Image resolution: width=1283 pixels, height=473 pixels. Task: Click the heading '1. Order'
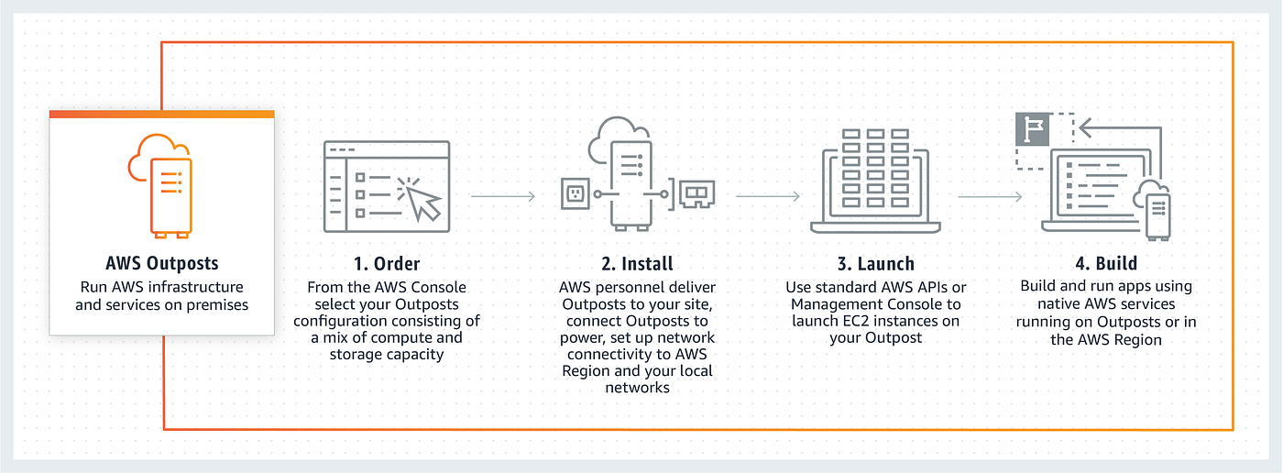click(387, 263)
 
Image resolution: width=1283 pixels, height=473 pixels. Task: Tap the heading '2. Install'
click(637, 263)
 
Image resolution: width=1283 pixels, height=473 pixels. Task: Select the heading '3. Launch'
click(876, 263)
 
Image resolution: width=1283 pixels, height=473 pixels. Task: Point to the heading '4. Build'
click(1106, 263)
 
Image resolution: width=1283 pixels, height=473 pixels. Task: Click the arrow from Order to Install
click(503, 196)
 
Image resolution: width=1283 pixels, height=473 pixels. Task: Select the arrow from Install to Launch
click(768, 196)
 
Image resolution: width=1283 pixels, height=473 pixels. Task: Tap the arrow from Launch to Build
click(990, 196)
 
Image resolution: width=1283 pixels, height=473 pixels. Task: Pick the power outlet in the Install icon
click(576, 193)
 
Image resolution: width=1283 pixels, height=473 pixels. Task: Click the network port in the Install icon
click(697, 194)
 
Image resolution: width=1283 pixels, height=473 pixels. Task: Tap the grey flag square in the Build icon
click(1032, 129)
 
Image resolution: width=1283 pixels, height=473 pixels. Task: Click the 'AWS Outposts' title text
click(162, 263)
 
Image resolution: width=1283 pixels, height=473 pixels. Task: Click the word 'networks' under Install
click(637, 388)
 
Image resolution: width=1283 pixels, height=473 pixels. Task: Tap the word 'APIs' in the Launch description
click(930, 287)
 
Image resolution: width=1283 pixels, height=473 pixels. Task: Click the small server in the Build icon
click(1158, 216)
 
